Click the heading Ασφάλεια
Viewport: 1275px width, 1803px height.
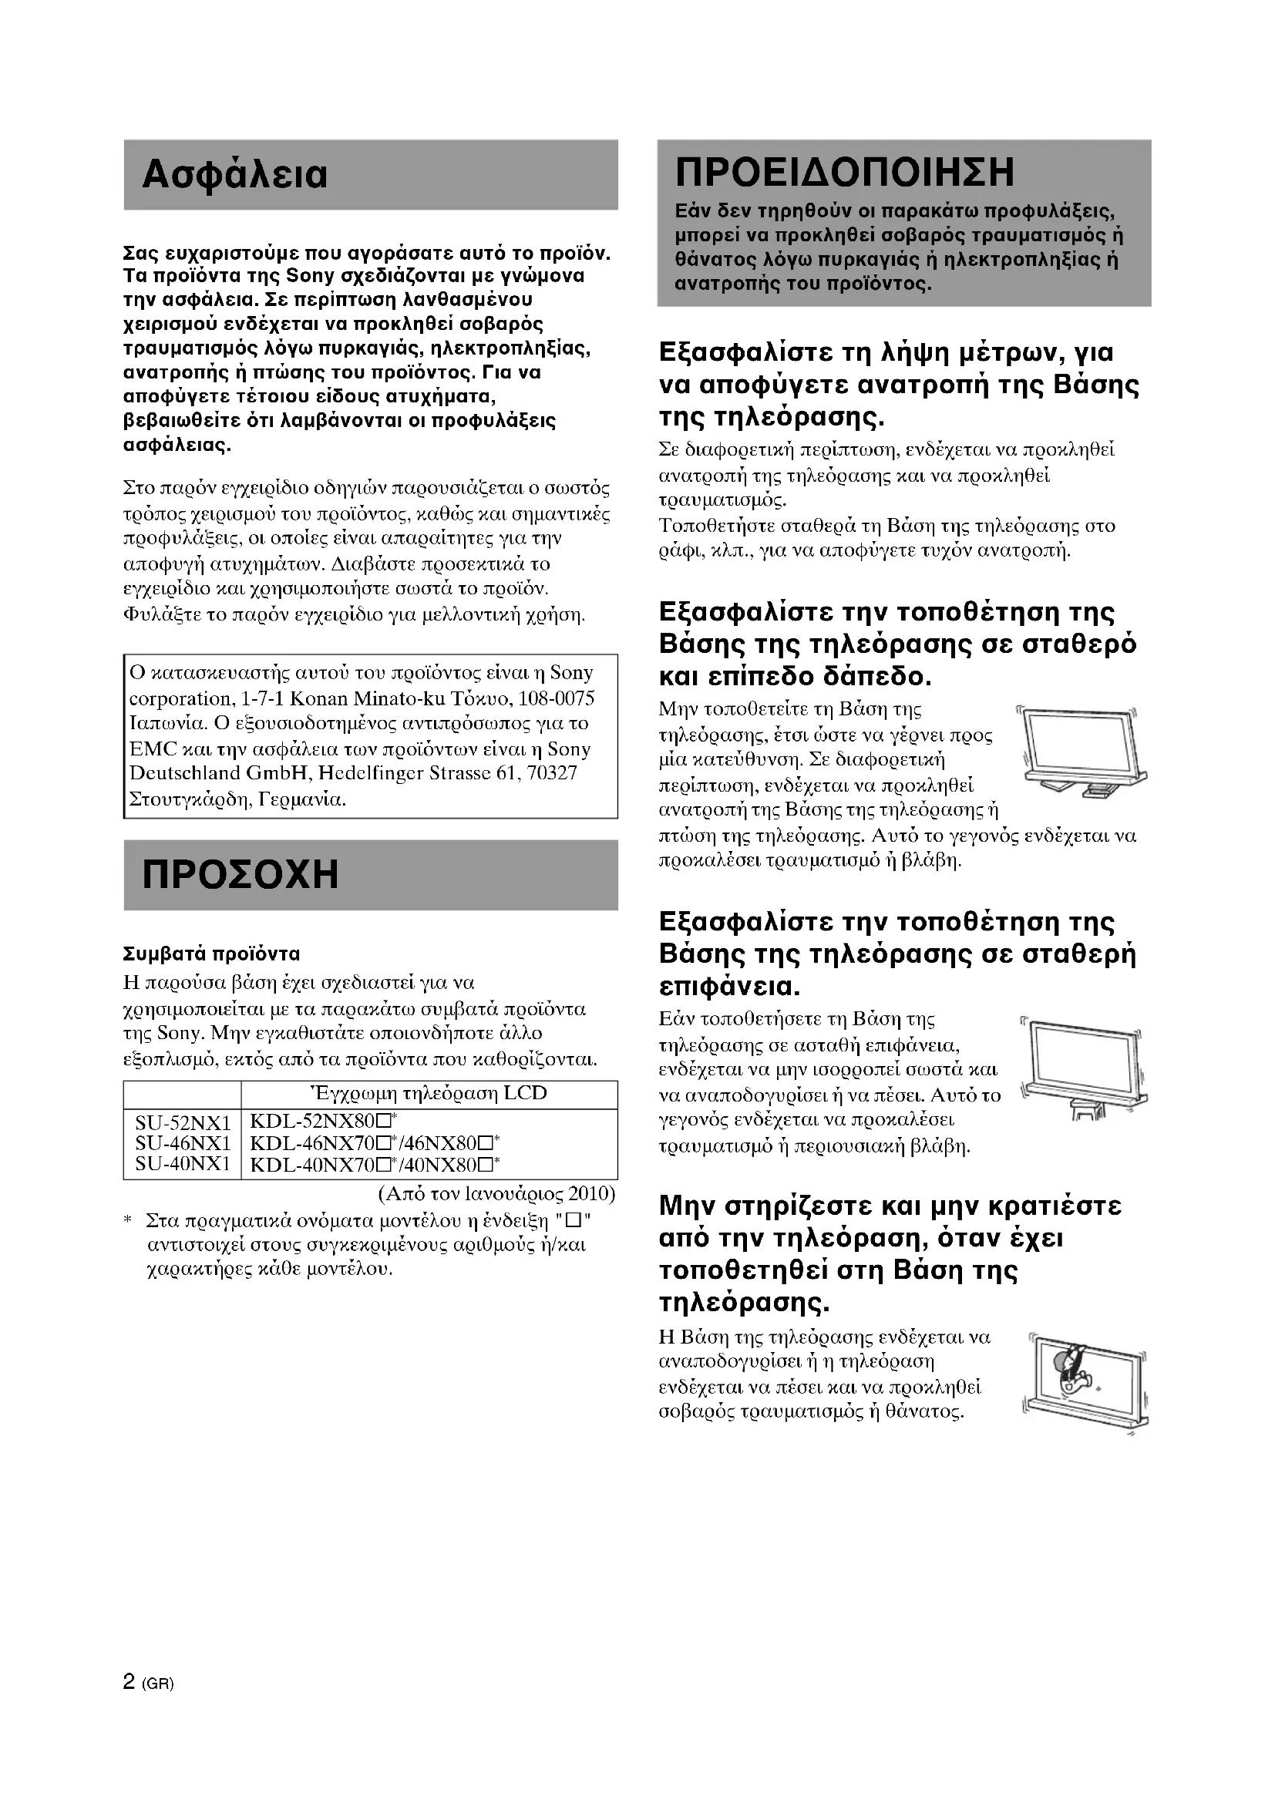[235, 175]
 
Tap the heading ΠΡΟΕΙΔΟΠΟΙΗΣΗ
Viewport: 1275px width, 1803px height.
[845, 172]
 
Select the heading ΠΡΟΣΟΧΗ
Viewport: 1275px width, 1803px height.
[241, 874]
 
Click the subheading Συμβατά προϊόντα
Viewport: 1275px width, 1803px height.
[212, 954]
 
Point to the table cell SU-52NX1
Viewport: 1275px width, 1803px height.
[183, 1124]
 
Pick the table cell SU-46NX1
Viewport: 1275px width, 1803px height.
[183, 1143]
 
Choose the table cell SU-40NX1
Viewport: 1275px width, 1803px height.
[183, 1163]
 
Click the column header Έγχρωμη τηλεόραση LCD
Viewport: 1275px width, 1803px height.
[429, 1094]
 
